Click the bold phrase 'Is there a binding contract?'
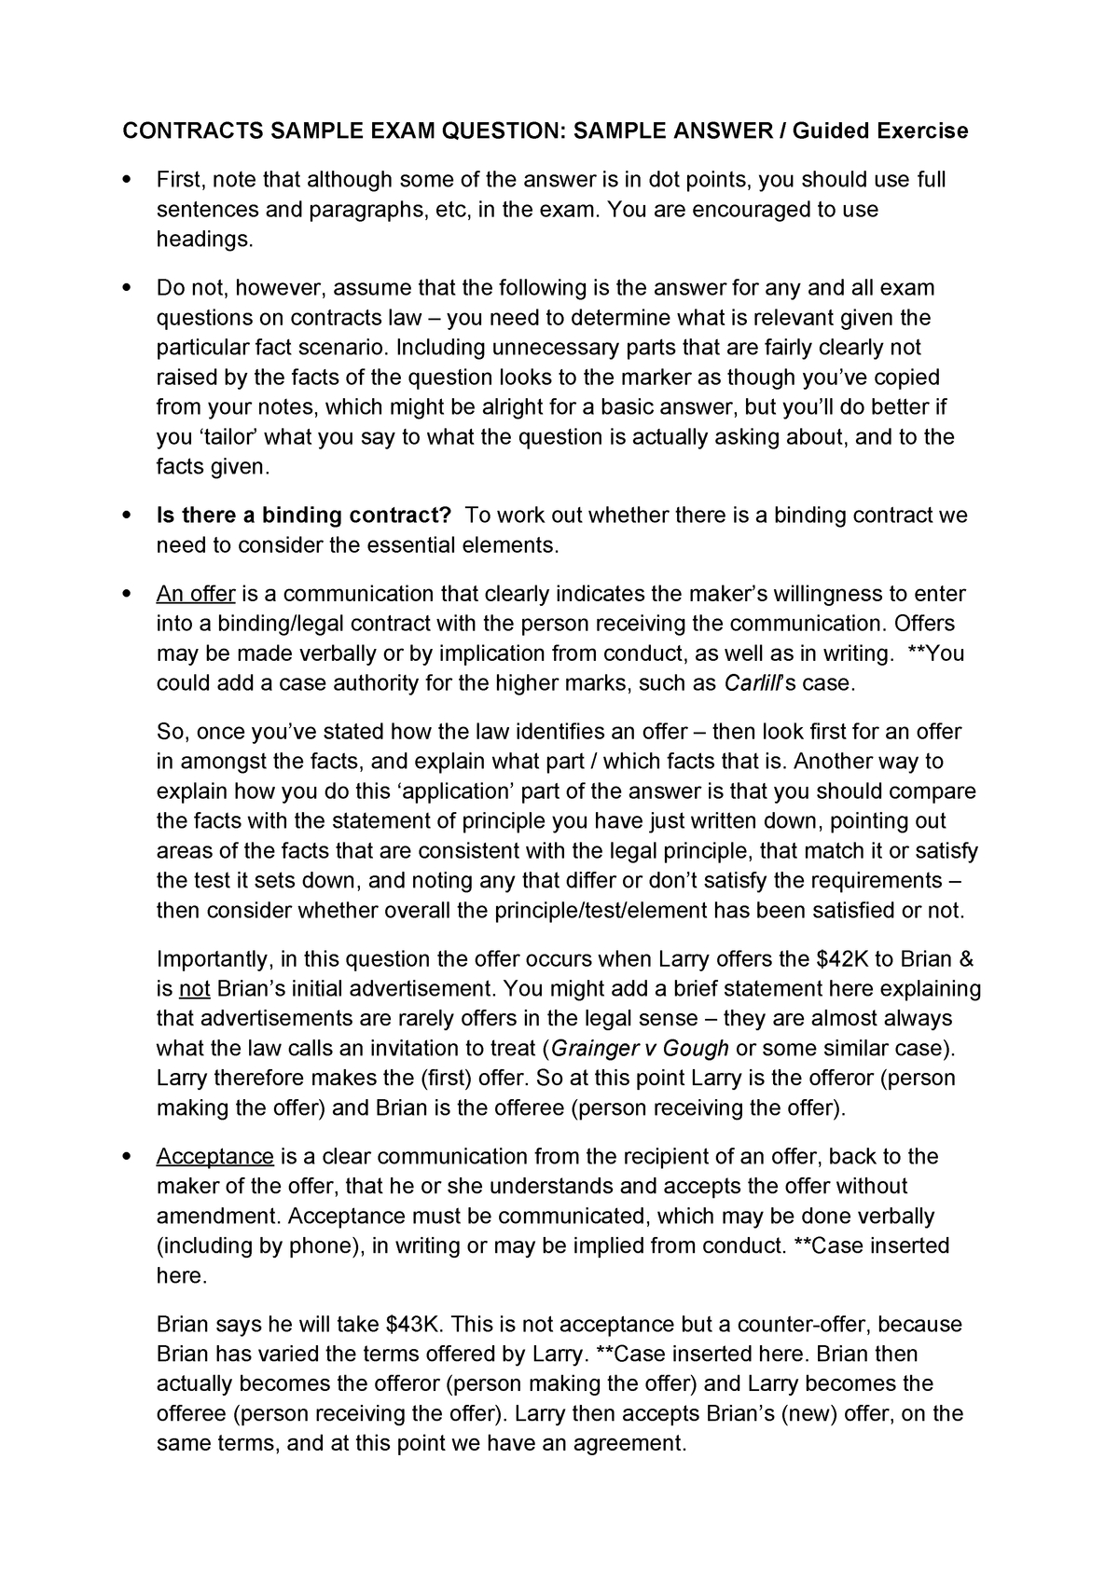click(304, 516)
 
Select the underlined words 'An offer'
click(195, 594)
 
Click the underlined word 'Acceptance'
click(214, 1157)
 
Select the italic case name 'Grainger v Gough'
click(640, 1048)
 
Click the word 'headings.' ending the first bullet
click(204, 240)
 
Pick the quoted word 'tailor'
click(225, 437)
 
